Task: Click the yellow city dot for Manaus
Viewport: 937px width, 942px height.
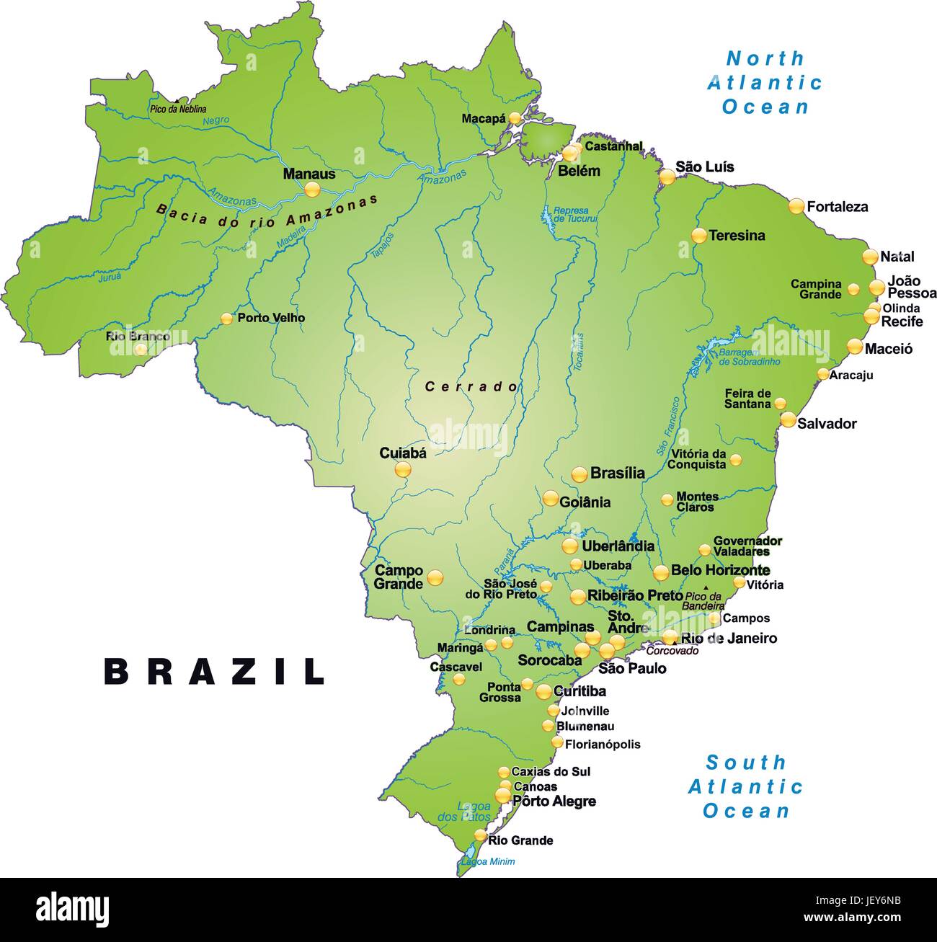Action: coord(311,190)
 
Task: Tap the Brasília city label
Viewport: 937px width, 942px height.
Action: coord(617,474)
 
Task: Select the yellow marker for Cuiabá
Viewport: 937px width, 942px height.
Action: coord(403,470)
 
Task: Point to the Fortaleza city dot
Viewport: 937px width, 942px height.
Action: coord(796,206)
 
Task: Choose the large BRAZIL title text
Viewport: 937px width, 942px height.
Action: coord(215,672)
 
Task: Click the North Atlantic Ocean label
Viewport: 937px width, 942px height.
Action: coord(765,82)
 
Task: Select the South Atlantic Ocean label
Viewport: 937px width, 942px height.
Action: coord(746,786)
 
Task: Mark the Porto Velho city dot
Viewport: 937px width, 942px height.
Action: coord(227,318)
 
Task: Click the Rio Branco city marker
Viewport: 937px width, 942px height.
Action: coord(141,350)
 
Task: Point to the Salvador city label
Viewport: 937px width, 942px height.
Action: coord(827,424)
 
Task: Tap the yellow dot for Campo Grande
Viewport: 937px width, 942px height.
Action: coord(435,577)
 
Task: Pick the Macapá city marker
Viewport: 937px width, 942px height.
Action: coord(515,117)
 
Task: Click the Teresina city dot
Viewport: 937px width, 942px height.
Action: coord(698,235)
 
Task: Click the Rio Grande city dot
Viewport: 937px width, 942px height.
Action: coord(481,835)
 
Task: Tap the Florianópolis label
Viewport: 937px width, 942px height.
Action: coord(603,744)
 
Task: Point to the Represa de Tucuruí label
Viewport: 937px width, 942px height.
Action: coord(571,215)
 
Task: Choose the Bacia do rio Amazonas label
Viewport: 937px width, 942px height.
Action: coord(267,212)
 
